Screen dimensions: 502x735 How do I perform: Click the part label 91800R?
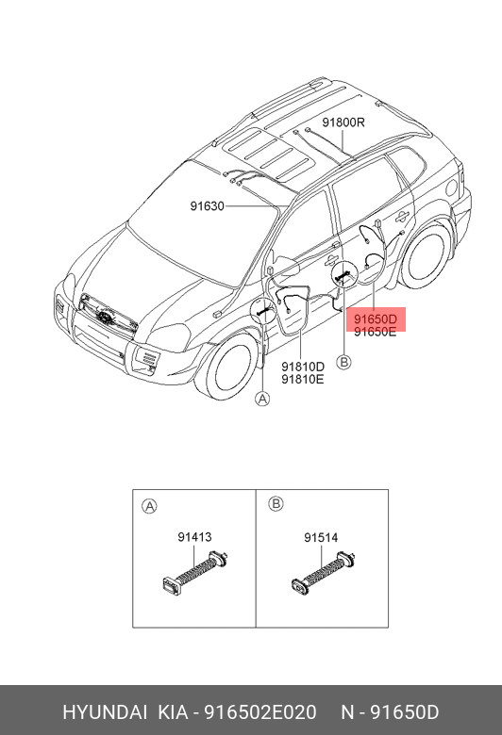pos(343,122)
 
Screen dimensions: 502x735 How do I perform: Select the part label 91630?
pos(207,205)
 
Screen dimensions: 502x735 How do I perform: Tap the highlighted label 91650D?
pos(376,319)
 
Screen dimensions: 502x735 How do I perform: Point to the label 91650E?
pos(376,332)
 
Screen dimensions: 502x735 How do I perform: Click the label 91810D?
pos(303,367)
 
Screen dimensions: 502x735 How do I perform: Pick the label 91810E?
pos(303,379)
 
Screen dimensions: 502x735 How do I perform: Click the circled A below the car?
pos(262,399)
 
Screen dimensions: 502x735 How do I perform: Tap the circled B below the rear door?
pos(344,362)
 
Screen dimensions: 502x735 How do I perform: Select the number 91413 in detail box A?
pos(194,537)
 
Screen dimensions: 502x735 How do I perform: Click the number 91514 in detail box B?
pos(321,538)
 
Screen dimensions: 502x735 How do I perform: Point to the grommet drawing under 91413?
pos(195,571)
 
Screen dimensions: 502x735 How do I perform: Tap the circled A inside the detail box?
pos(149,506)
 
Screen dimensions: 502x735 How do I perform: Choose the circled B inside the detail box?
pos(276,504)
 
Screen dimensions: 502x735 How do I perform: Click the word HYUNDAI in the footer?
pos(105,712)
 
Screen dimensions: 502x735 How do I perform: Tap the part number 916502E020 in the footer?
pos(259,712)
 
